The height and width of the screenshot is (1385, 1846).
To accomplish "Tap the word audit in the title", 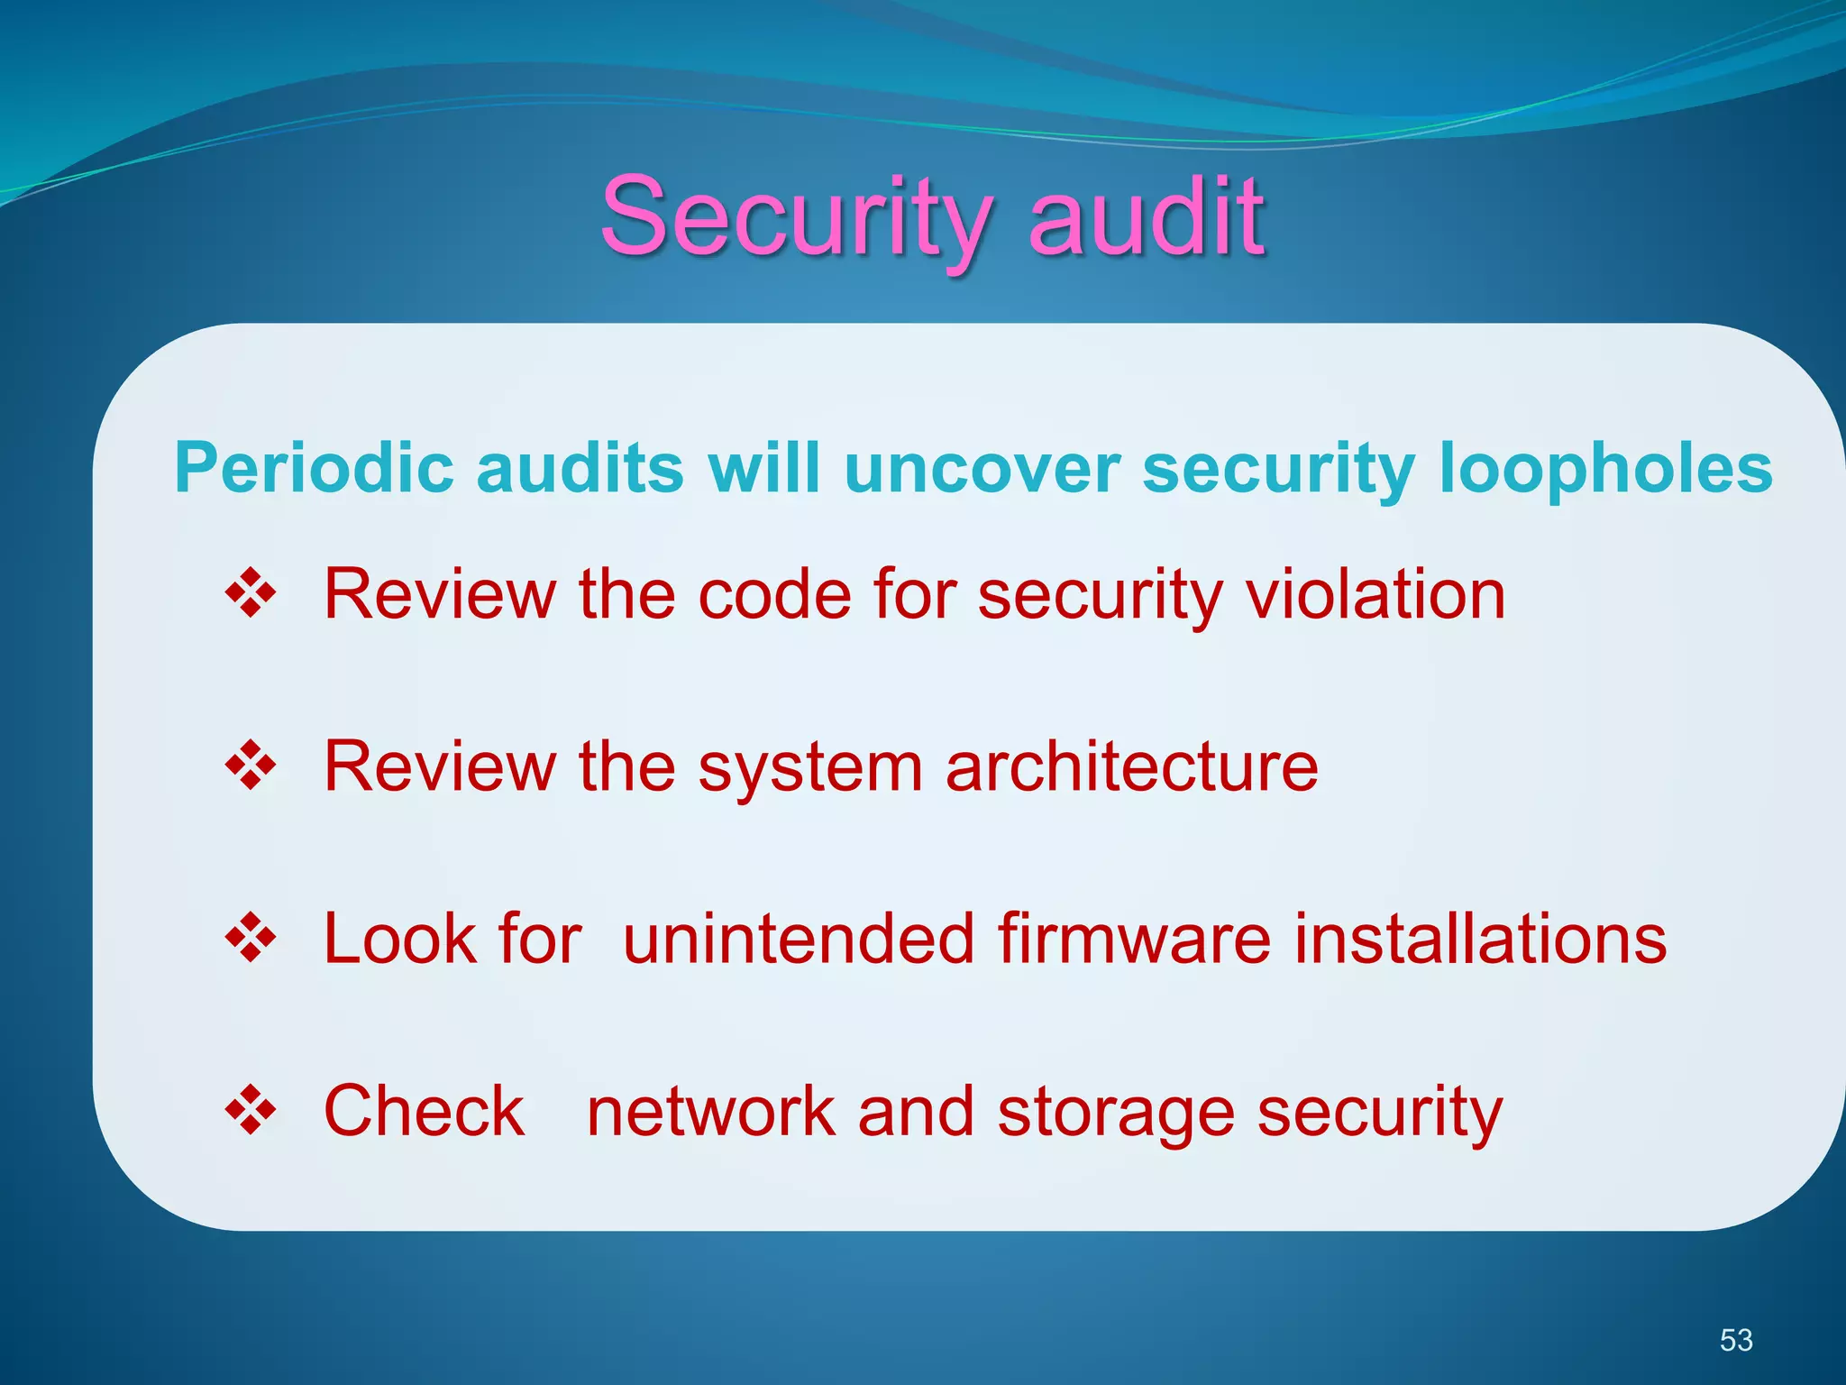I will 1146,216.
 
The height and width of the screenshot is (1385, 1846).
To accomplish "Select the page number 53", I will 1735,1340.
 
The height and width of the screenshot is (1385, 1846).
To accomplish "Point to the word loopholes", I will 1605,468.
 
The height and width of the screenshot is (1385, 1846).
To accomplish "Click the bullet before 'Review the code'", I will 251,594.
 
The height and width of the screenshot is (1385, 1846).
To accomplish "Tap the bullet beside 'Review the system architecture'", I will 251,766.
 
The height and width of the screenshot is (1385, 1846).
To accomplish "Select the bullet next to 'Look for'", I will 251,939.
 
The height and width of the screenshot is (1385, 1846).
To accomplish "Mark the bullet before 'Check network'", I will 251,1111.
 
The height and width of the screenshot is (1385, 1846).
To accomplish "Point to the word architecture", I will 1131,766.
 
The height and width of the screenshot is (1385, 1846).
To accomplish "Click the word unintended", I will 798,939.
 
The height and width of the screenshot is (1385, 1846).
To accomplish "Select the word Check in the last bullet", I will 424,1111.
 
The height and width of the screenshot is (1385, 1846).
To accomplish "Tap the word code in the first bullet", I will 774,594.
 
